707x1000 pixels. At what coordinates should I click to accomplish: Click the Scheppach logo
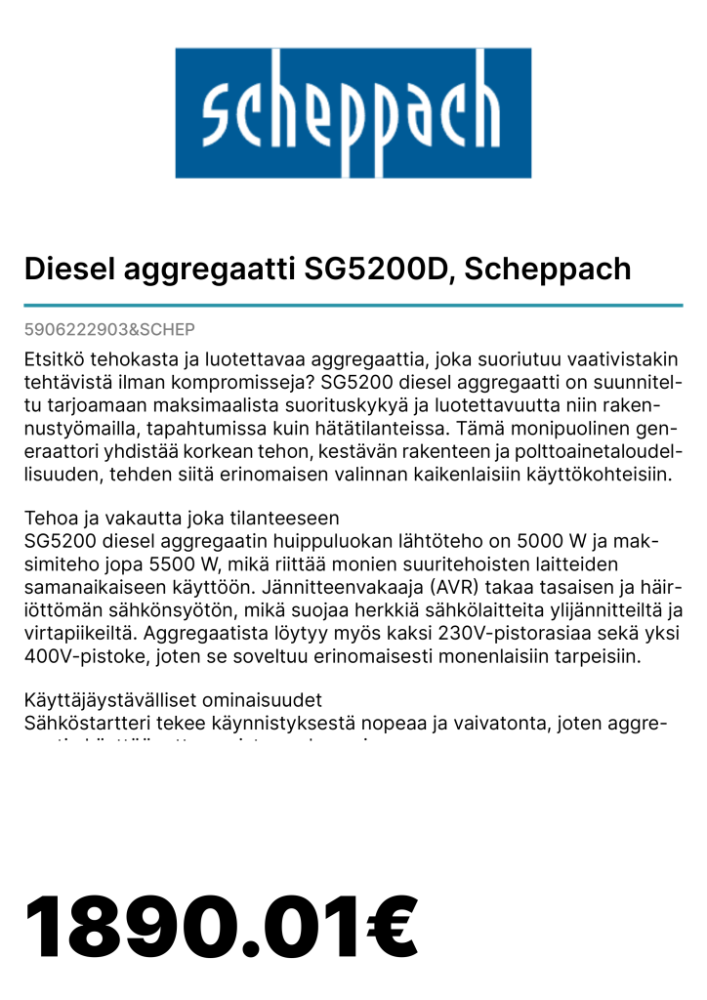point(353,113)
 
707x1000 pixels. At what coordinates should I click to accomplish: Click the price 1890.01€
point(221,929)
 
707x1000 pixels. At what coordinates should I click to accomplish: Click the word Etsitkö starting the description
point(57,358)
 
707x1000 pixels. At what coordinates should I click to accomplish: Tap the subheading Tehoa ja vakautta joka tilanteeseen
point(182,517)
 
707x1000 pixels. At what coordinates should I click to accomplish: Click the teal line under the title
point(353,306)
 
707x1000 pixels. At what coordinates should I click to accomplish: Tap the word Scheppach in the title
point(548,269)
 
